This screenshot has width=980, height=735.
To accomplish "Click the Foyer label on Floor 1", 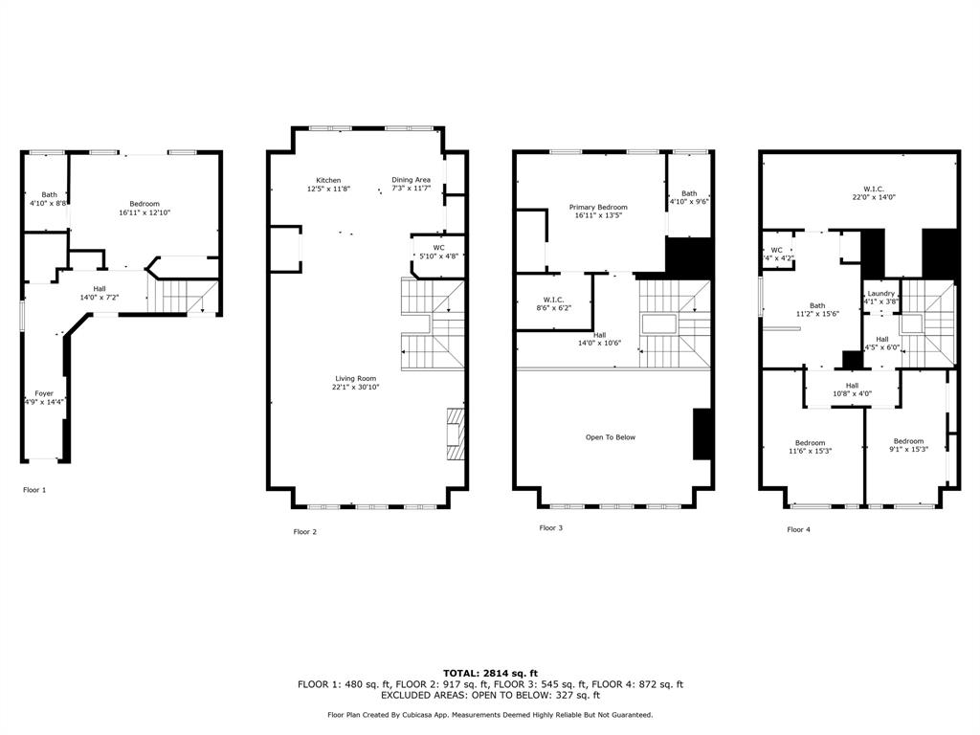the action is pos(44,393).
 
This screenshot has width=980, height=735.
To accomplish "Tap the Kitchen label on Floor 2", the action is pos(328,181).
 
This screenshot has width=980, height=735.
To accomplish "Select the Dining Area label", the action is pos(411,180).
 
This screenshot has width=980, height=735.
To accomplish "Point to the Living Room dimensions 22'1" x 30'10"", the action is pos(356,387).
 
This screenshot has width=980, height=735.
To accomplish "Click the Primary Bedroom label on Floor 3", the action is pos(598,207).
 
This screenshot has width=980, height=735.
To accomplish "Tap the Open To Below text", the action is pos(610,437).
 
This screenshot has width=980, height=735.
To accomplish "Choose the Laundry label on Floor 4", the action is pos(881,294).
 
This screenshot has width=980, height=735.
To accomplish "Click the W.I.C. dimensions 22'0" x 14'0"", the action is pos(874,197).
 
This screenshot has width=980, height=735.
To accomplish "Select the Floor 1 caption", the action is pos(34,490).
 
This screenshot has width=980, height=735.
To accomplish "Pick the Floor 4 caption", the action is pos(799,529).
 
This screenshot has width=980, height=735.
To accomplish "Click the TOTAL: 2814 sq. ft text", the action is pos(490,673).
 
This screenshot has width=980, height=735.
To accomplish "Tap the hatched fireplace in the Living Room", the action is pos(456,434).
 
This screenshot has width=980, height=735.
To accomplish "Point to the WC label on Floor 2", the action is pos(438,248).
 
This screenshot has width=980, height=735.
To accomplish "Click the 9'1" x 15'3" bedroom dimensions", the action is pos(908,449).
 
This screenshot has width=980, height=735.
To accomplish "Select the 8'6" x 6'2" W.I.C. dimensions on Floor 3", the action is pos(553,307).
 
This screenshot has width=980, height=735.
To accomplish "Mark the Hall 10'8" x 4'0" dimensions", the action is pos(852,393).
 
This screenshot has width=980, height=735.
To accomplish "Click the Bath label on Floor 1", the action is pos(50,195).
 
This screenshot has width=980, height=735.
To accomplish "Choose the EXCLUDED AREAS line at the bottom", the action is pos(490,695).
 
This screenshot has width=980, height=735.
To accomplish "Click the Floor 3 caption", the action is pos(550,528).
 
